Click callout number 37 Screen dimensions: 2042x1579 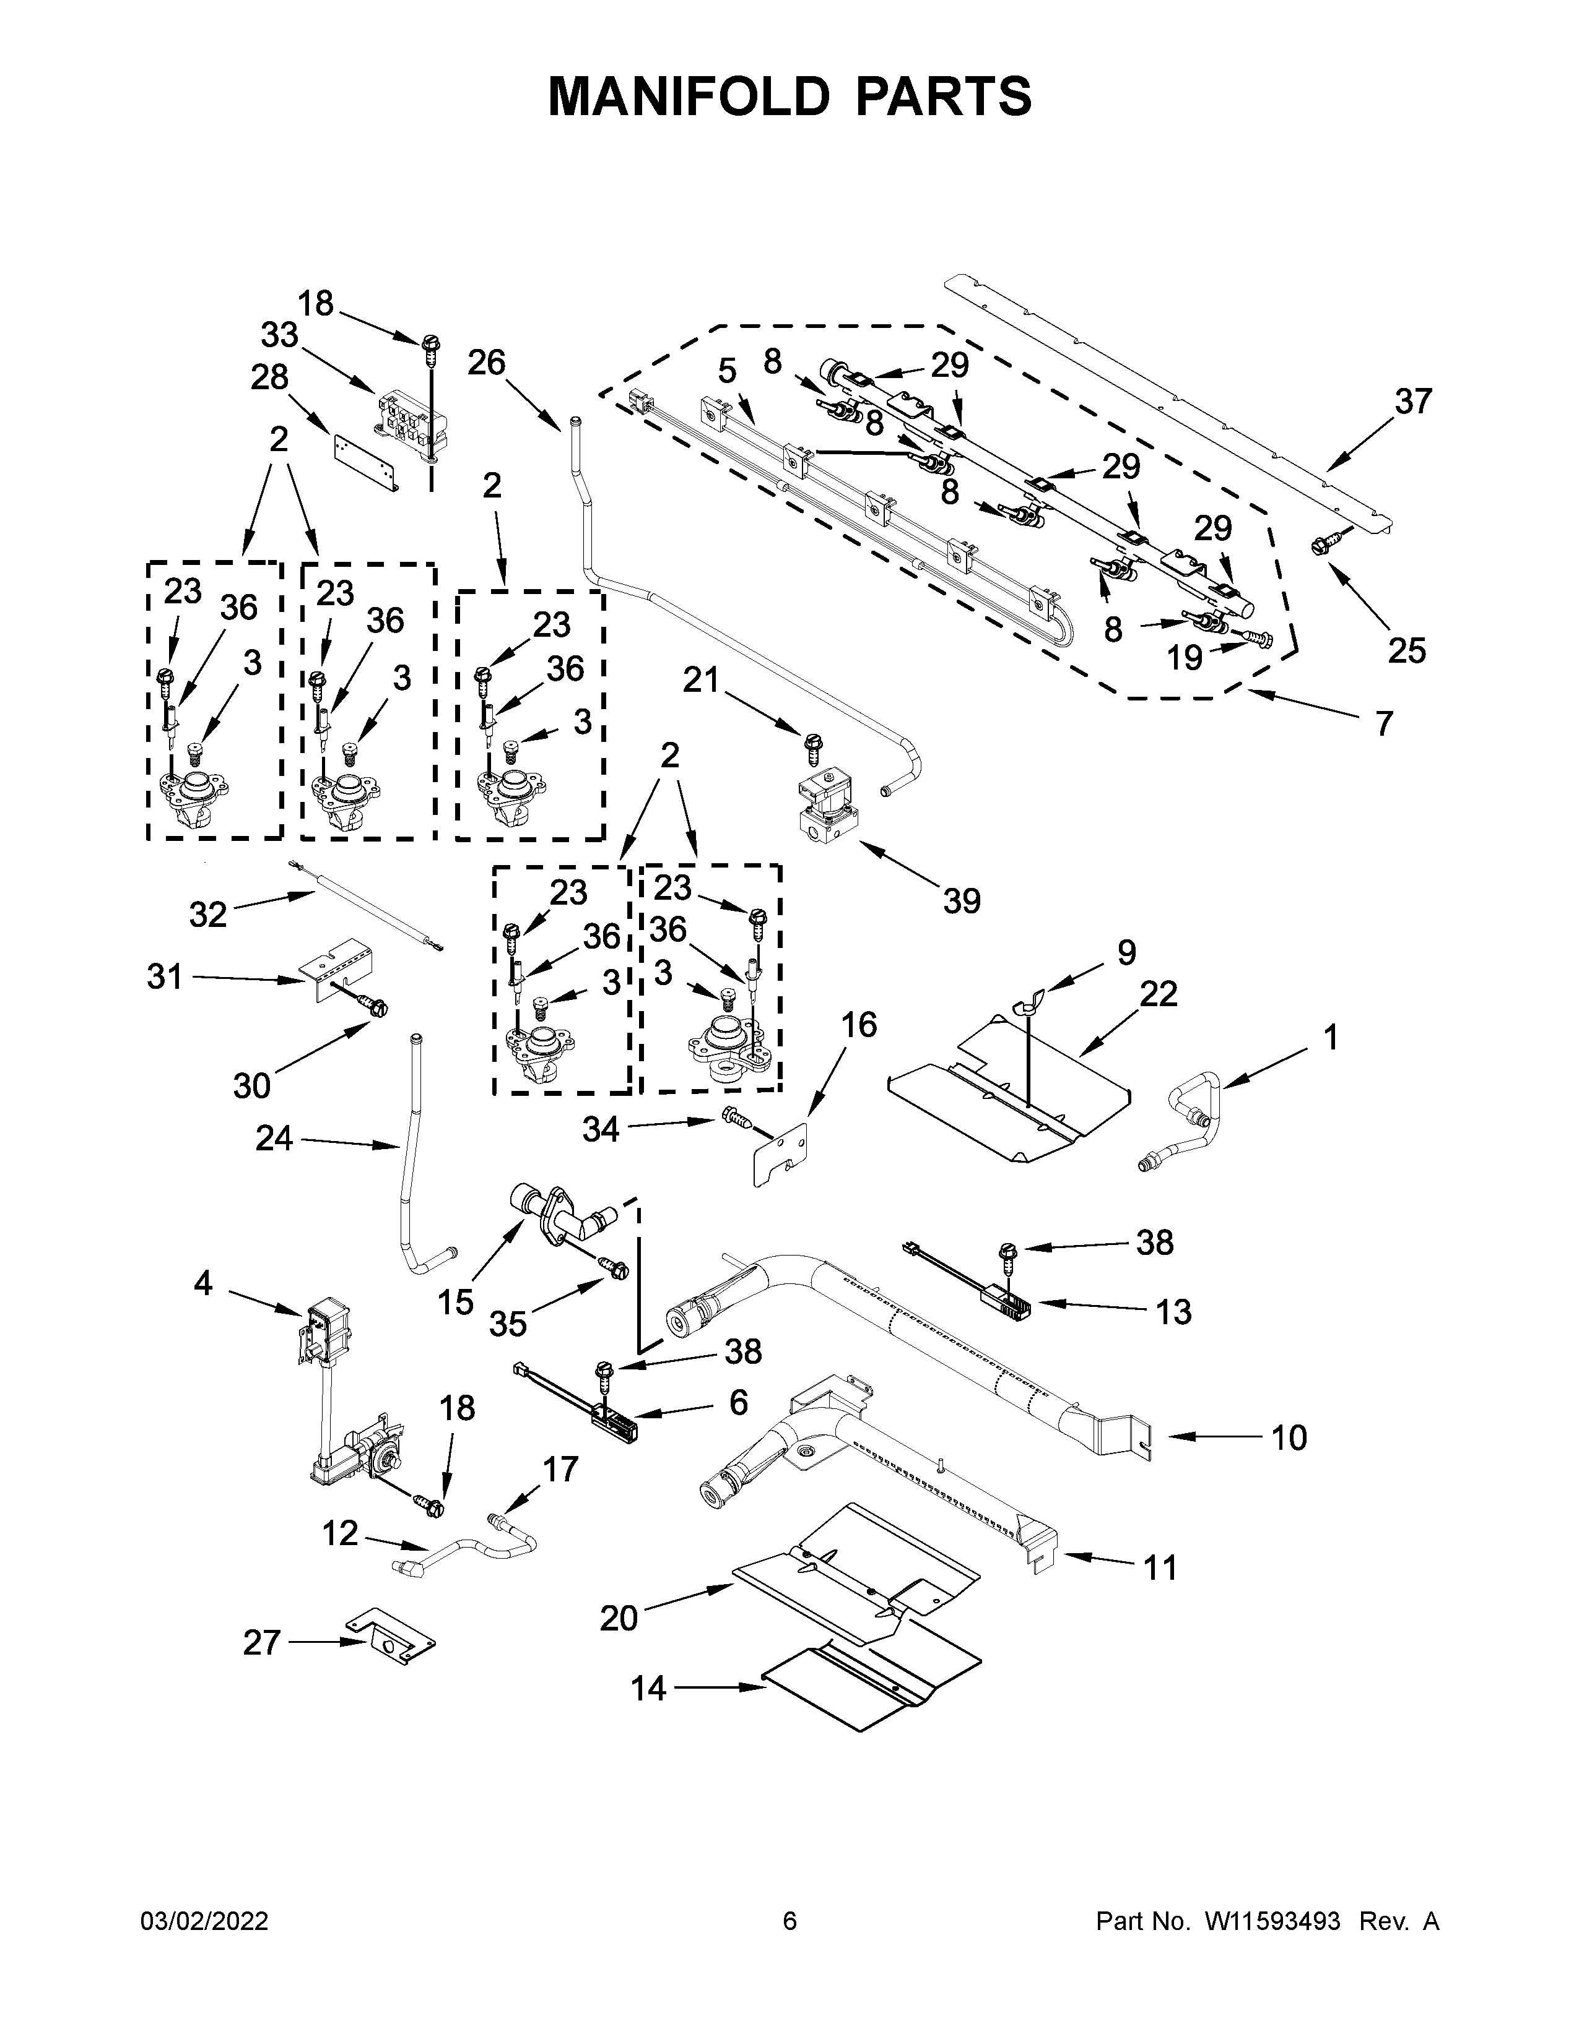tap(1412, 402)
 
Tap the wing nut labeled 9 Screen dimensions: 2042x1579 tap(1027, 1007)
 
